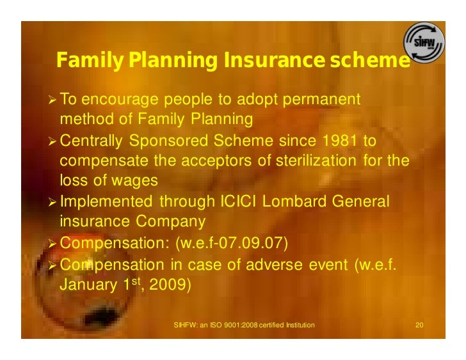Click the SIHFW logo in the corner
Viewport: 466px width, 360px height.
click(x=424, y=44)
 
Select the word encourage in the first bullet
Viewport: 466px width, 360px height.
click(x=123, y=100)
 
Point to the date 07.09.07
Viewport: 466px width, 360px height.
click(x=253, y=243)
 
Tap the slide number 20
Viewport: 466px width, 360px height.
click(x=419, y=325)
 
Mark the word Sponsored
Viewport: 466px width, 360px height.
click(x=168, y=141)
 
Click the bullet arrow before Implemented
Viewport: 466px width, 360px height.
click(x=52, y=202)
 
